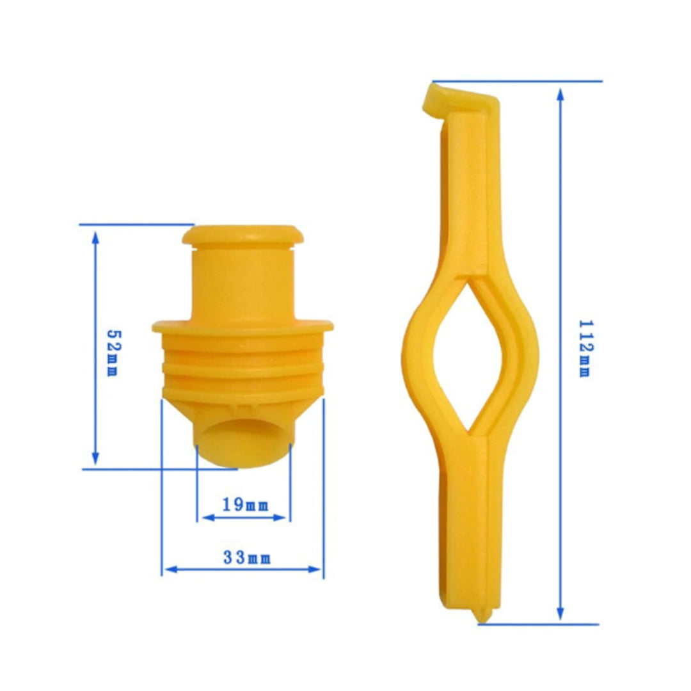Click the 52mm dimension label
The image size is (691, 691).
pyautogui.click(x=114, y=353)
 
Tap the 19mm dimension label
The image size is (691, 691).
pyautogui.click(x=245, y=505)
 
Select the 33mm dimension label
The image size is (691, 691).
pyautogui.click(x=247, y=557)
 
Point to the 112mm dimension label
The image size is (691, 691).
pyautogui.click(x=585, y=349)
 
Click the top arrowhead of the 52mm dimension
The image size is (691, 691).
pyautogui.click(x=95, y=237)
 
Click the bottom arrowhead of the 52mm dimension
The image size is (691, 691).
pyautogui.click(x=95, y=458)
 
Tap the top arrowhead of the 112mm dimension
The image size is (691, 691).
pyautogui.click(x=560, y=95)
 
